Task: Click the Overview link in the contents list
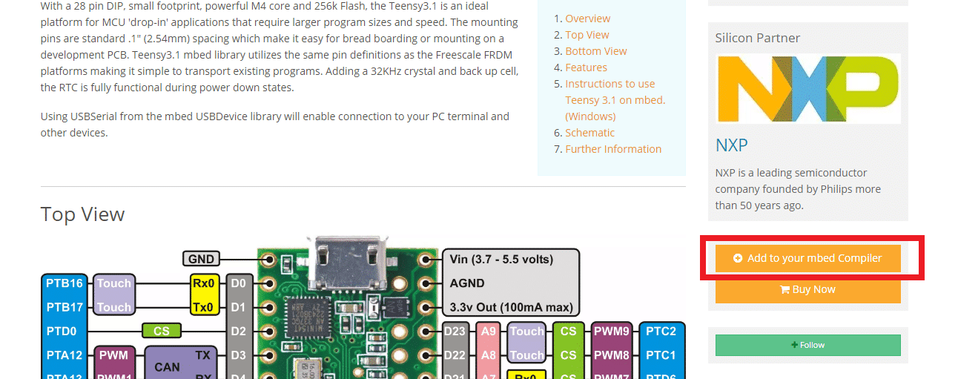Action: coord(587,19)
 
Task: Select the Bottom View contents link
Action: coord(595,51)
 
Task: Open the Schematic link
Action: coord(589,133)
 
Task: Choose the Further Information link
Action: coord(613,149)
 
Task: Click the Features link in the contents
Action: coord(586,67)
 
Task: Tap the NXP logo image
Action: coord(807,88)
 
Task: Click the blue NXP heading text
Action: coord(731,144)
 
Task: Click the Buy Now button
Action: coord(807,290)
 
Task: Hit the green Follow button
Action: coord(807,345)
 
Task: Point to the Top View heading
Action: coord(82,214)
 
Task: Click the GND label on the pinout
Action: coord(201,259)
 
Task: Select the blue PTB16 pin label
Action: coord(64,283)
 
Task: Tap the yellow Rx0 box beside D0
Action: coord(204,283)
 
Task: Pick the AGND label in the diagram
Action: coord(467,283)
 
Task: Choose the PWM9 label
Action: coord(611,332)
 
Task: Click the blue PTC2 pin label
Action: coord(661,332)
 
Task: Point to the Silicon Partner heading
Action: coord(757,38)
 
